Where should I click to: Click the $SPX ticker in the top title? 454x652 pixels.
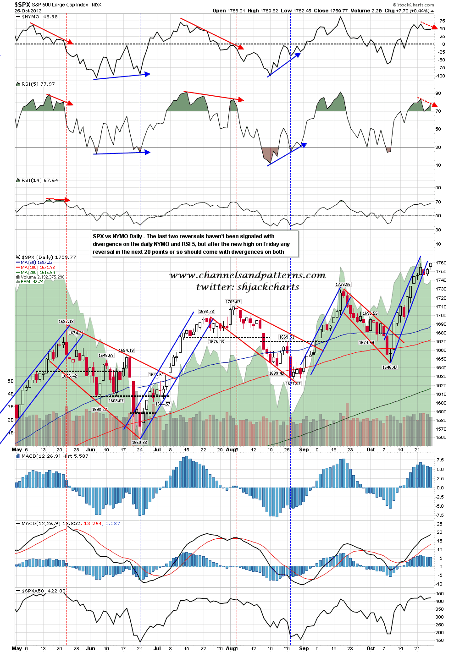[x=22, y=4]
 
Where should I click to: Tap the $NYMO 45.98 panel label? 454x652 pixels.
[x=39, y=16]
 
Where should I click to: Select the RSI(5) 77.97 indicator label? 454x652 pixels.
[x=38, y=84]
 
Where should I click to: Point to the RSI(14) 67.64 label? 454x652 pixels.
[x=39, y=180]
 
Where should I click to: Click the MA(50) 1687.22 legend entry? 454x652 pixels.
[x=37, y=263]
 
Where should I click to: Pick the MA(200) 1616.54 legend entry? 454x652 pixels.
[x=38, y=272]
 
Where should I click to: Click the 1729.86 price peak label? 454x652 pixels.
[x=343, y=285]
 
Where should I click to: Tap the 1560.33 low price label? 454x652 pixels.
[x=139, y=442]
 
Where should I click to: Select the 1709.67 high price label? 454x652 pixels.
[x=233, y=302]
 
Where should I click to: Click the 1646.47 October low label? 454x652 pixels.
[x=390, y=367]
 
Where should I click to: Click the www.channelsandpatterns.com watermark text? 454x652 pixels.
[x=247, y=275]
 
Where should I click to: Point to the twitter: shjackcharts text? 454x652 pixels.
[x=248, y=287]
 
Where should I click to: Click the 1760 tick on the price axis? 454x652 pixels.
[x=441, y=263]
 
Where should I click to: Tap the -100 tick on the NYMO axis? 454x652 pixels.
[x=440, y=76]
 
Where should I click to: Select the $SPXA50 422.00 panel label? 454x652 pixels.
[x=44, y=591]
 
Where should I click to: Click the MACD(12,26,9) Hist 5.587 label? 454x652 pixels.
[x=55, y=456]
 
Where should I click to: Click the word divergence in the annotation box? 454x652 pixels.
[x=107, y=244]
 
